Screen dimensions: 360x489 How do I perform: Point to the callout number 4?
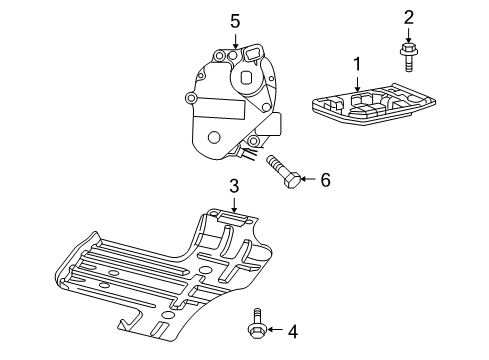click(x=293, y=330)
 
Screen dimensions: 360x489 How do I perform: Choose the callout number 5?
click(x=235, y=20)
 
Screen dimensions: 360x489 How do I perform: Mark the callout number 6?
click(x=324, y=180)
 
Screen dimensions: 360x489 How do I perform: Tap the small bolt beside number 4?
click(x=255, y=325)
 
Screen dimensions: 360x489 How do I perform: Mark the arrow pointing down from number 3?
click(x=234, y=204)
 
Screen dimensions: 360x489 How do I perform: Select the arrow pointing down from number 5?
click(x=235, y=40)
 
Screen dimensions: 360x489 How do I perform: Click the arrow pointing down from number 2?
click(x=408, y=33)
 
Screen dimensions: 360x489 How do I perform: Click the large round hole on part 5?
click(x=213, y=138)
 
